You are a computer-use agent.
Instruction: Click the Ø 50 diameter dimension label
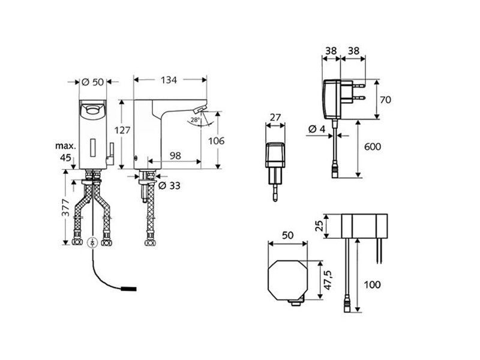tap(93, 82)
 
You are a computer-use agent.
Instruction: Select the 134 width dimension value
tap(169, 80)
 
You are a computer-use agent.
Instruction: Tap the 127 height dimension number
tap(122, 130)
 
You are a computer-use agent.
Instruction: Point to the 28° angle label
tap(195, 119)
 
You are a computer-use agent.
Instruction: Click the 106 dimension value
tap(217, 141)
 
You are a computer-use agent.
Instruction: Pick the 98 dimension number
tap(175, 156)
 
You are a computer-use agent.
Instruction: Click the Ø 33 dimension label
tap(169, 185)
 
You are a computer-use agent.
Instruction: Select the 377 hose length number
tap(66, 207)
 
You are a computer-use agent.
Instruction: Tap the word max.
tap(65, 146)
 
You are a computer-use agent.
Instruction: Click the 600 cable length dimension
tap(373, 146)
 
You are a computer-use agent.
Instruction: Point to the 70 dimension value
tap(385, 100)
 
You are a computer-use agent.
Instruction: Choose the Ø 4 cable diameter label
tap(317, 129)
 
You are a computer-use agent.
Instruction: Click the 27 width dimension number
tap(275, 117)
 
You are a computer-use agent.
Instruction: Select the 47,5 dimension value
tap(328, 280)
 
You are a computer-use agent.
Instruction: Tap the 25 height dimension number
tap(319, 226)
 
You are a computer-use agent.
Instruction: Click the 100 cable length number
tap(372, 284)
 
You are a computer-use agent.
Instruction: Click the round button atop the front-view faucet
tap(92, 109)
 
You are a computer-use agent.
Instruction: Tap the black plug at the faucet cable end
tap(129, 289)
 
